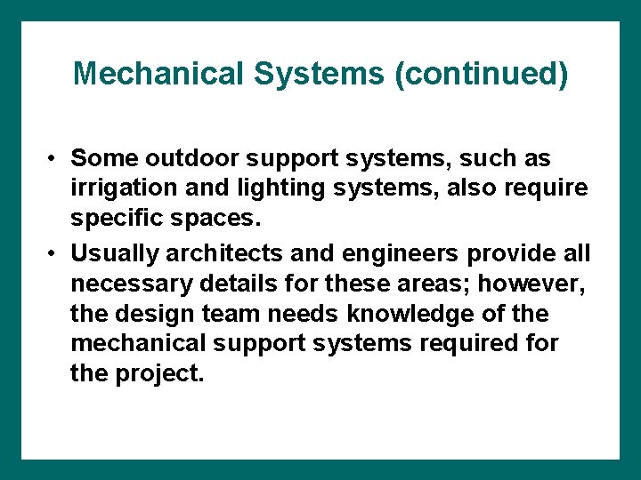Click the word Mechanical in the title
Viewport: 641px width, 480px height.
point(159,74)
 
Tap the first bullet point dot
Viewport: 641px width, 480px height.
point(54,159)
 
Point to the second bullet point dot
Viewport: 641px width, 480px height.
point(54,253)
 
